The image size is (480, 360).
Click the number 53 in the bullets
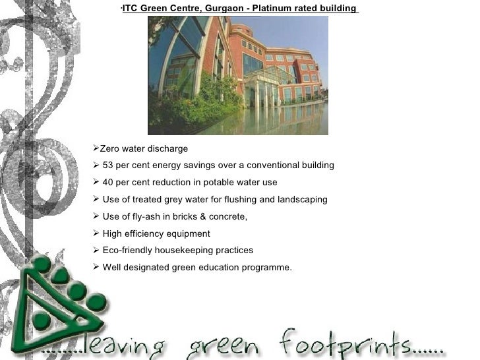point(109,165)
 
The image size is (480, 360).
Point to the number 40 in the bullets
point(109,183)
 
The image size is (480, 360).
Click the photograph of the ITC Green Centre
point(237,75)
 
